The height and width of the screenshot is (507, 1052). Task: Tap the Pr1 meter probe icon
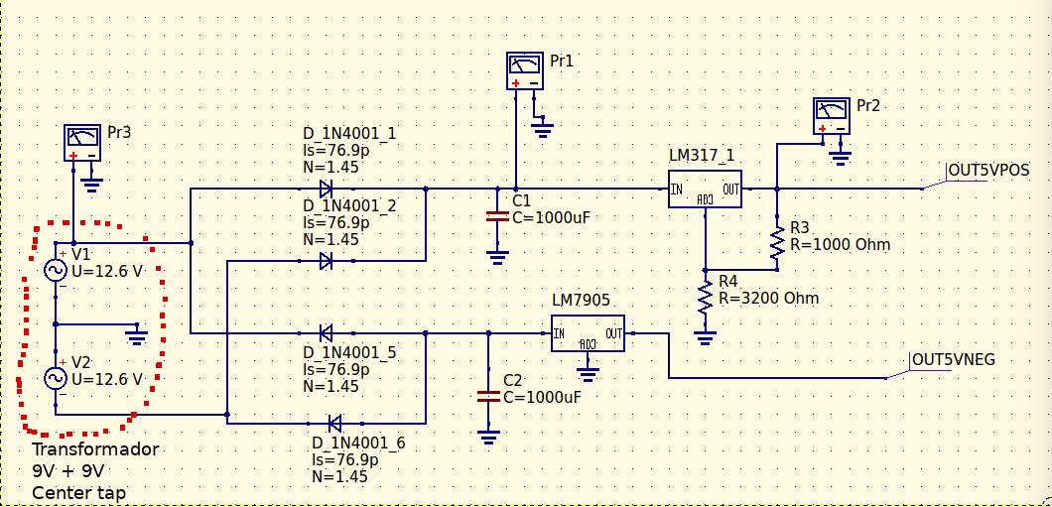524,68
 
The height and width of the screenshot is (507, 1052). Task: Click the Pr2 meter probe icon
831,114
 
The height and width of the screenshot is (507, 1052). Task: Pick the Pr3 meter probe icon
82,142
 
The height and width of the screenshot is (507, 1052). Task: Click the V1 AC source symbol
56,270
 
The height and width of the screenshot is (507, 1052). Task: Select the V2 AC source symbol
56,378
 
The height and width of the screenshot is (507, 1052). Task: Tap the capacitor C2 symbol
487,396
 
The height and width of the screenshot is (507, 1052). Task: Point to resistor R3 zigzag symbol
777,242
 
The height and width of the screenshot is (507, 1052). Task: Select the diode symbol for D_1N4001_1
326,189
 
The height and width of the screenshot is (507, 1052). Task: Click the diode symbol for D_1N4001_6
334,424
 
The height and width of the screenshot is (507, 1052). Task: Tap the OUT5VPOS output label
988,170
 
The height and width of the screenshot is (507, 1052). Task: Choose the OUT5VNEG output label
953,359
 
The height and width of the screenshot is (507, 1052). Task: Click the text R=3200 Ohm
768,298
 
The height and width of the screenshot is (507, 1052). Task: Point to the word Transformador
95,449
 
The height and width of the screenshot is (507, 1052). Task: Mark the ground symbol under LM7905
589,374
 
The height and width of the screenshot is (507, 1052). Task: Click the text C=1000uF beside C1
558,218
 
